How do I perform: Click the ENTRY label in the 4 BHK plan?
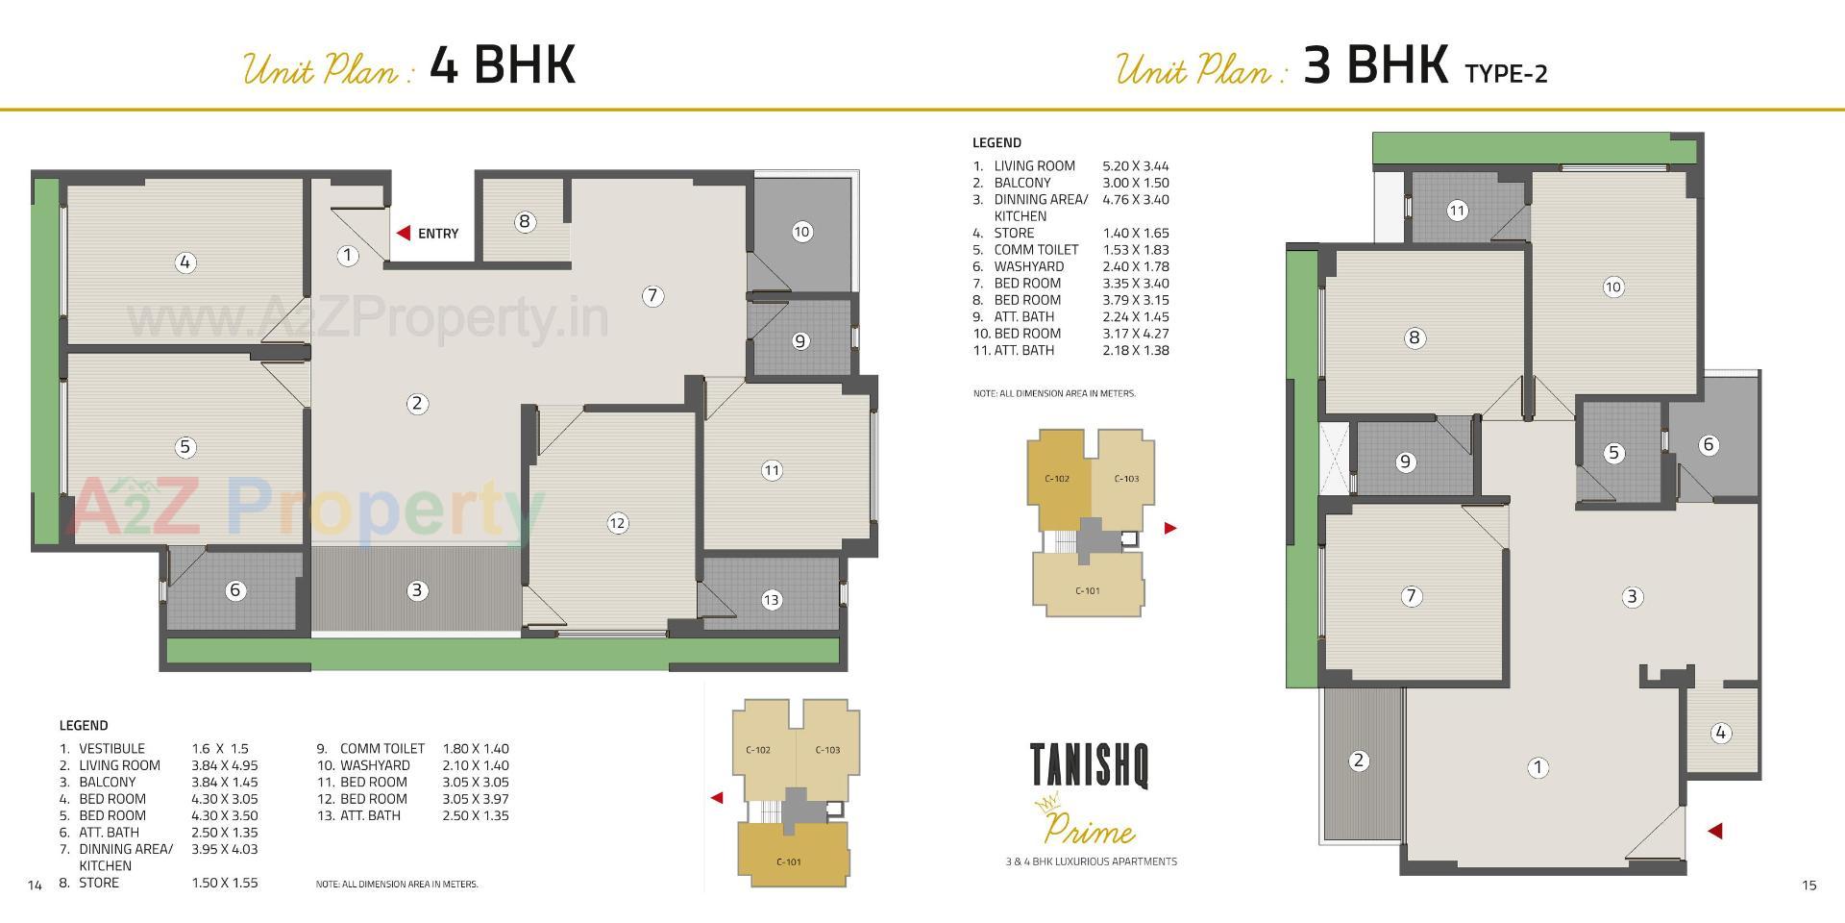click(x=438, y=234)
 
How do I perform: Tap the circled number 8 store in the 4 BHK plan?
click(x=524, y=222)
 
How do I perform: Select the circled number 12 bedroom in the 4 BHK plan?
click(x=617, y=523)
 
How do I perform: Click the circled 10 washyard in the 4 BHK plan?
click(x=801, y=232)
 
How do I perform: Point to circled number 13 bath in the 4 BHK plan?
click(x=772, y=600)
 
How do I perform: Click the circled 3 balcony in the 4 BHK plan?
click(x=417, y=590)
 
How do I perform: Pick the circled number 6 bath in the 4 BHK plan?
click(x=235, y=590)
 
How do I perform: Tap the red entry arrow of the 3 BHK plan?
click(x=1714, y=832)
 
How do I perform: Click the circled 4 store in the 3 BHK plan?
click(x=1720, y=733)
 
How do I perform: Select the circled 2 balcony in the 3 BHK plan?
click(x=1358, y=761)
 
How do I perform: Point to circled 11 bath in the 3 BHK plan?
click(x=1457, y=211)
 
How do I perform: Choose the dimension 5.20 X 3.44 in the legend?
click(x=1135, y=166)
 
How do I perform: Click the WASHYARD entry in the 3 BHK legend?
click(x=1028, y=266)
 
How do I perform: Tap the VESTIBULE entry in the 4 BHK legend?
click(x=111, y=749)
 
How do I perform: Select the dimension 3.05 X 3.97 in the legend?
click(x=475, y=799)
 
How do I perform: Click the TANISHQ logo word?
click(x=1090, y=765)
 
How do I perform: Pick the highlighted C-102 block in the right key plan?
click(x=1057, y=479)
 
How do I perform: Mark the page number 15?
click(x=1809, y=886)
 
